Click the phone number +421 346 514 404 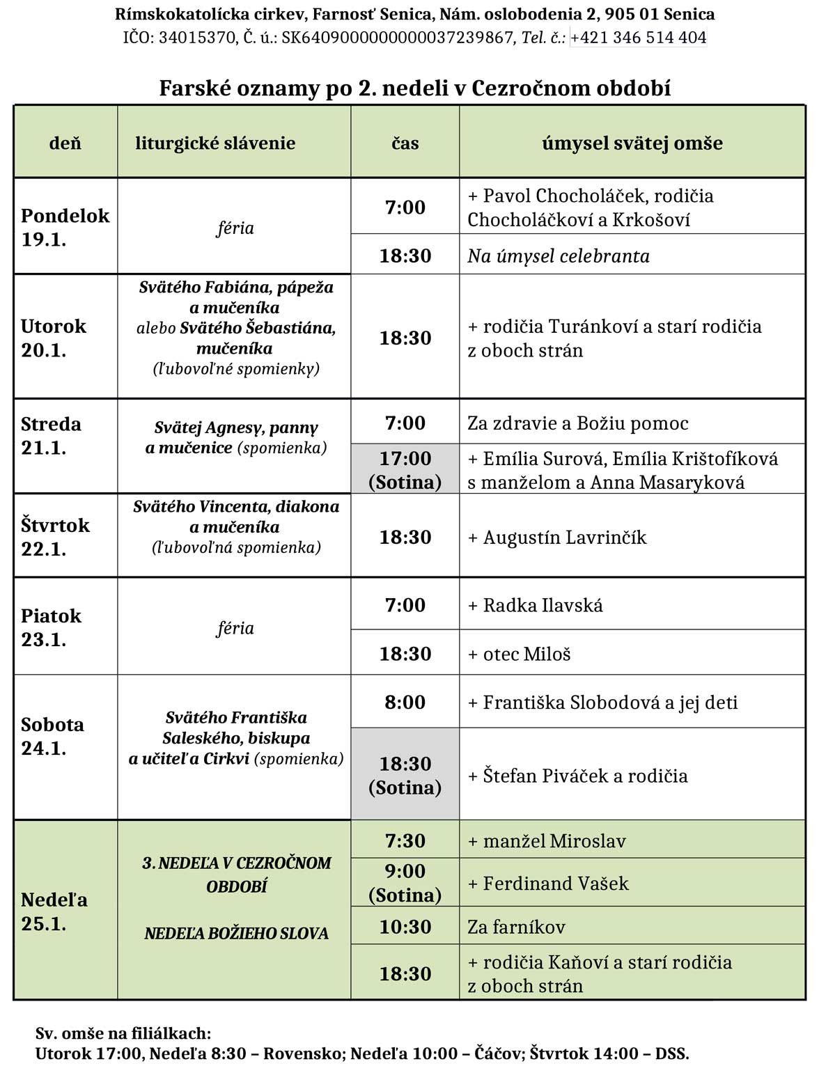pos(638,38)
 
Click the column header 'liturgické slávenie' pos(215,143)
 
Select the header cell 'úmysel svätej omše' pos(632,143)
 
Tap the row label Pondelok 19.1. pos(65,227)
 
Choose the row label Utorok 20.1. pos(54,338)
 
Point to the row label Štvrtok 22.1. pos(55,536)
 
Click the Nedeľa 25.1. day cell pos(54,911)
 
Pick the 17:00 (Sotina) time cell pos(405,470)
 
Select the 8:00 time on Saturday pos(405,702)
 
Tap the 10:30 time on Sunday pos(405,927)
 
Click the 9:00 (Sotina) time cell pos(405,883)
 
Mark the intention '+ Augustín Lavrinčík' pos(557,538)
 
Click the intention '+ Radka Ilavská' pos(535,605)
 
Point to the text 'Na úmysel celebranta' pos(558,256)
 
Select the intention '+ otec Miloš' pos(519,654)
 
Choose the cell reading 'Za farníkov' pos(516,927)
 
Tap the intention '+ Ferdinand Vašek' pos(548,884)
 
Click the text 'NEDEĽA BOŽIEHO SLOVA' pos(236,934)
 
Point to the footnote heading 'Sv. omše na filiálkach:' pos(123,1033)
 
